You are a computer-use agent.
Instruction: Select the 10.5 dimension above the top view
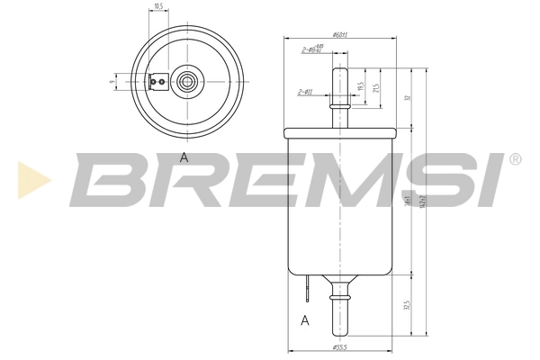tap(158, 7)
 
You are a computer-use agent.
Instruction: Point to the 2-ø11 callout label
tap(305, 92)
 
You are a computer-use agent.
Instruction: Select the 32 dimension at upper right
tap(408, 97)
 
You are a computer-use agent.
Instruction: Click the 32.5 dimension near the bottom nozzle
tap(408, 308)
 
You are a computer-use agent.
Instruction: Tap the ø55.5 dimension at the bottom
tap(340, 346)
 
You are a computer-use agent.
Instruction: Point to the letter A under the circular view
tap(184, 157)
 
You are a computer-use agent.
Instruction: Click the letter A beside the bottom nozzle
tap(305, 320)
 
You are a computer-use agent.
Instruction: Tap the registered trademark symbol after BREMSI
tap(514, 159)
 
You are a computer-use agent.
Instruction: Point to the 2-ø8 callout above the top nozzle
tap(311, 50)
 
